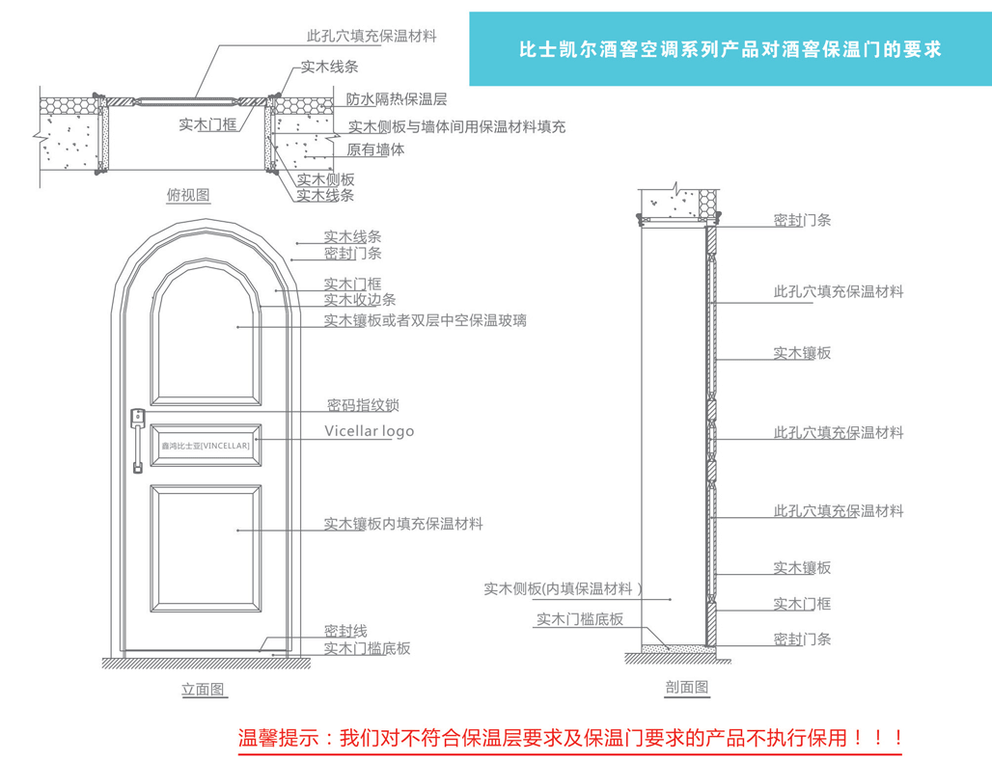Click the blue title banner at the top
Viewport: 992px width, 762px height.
click(730, 49)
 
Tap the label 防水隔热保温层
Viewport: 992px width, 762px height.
click(396, 99)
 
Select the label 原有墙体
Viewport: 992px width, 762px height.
click(375, 150)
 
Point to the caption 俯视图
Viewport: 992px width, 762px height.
click(188, 195)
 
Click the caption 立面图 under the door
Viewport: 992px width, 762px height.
click(203, 690)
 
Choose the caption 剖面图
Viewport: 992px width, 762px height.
click(687, 688)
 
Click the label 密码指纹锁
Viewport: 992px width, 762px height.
click(370, 405)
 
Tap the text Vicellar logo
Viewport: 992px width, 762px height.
click(369, 431)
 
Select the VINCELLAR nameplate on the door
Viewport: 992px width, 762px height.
click(206, 446)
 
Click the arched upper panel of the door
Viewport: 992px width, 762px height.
click(206, 338)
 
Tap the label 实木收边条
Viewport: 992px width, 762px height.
click(359, 300)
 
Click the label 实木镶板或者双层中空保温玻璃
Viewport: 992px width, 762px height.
click(425, 320)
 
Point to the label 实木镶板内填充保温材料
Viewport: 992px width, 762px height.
click(403, 525)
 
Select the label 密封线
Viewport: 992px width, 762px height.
click(345, 631)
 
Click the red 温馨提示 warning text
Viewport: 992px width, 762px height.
click(569, 739)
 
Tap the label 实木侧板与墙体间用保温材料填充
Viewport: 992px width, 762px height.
click(456, 126)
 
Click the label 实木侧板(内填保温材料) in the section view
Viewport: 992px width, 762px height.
click(564, 589)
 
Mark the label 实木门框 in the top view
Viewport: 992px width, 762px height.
click(207, 123)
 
